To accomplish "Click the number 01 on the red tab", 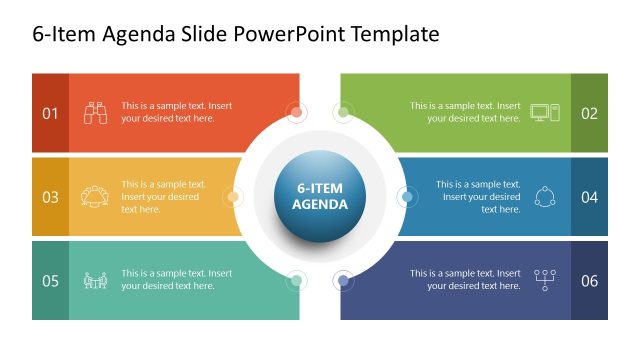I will click(x=50, y=113).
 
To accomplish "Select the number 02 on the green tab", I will click(x=589, y=113).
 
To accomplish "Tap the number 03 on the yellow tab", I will click(x=50, y=197).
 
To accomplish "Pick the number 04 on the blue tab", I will click(x=589, y=197).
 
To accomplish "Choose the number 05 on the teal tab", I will click(x=50, y=280).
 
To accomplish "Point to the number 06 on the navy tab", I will click(x=589, y=280).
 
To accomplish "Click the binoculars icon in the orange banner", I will click(x=96, y=112).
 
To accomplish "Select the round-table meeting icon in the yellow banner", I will click(x=96, y=196).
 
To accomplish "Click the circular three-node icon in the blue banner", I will click(x=545, y=196).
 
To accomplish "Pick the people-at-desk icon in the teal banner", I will click(x=96, y=280).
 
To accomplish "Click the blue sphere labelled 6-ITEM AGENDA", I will click(x=320, y=196).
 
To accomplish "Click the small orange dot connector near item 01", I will click(x=296, y=112).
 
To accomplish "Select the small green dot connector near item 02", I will click(x=343, y=112).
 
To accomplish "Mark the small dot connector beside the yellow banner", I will click(x=232, y=197).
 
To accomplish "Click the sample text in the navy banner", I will click(x=465, y=279).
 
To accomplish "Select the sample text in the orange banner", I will click(x=176, y=112).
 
